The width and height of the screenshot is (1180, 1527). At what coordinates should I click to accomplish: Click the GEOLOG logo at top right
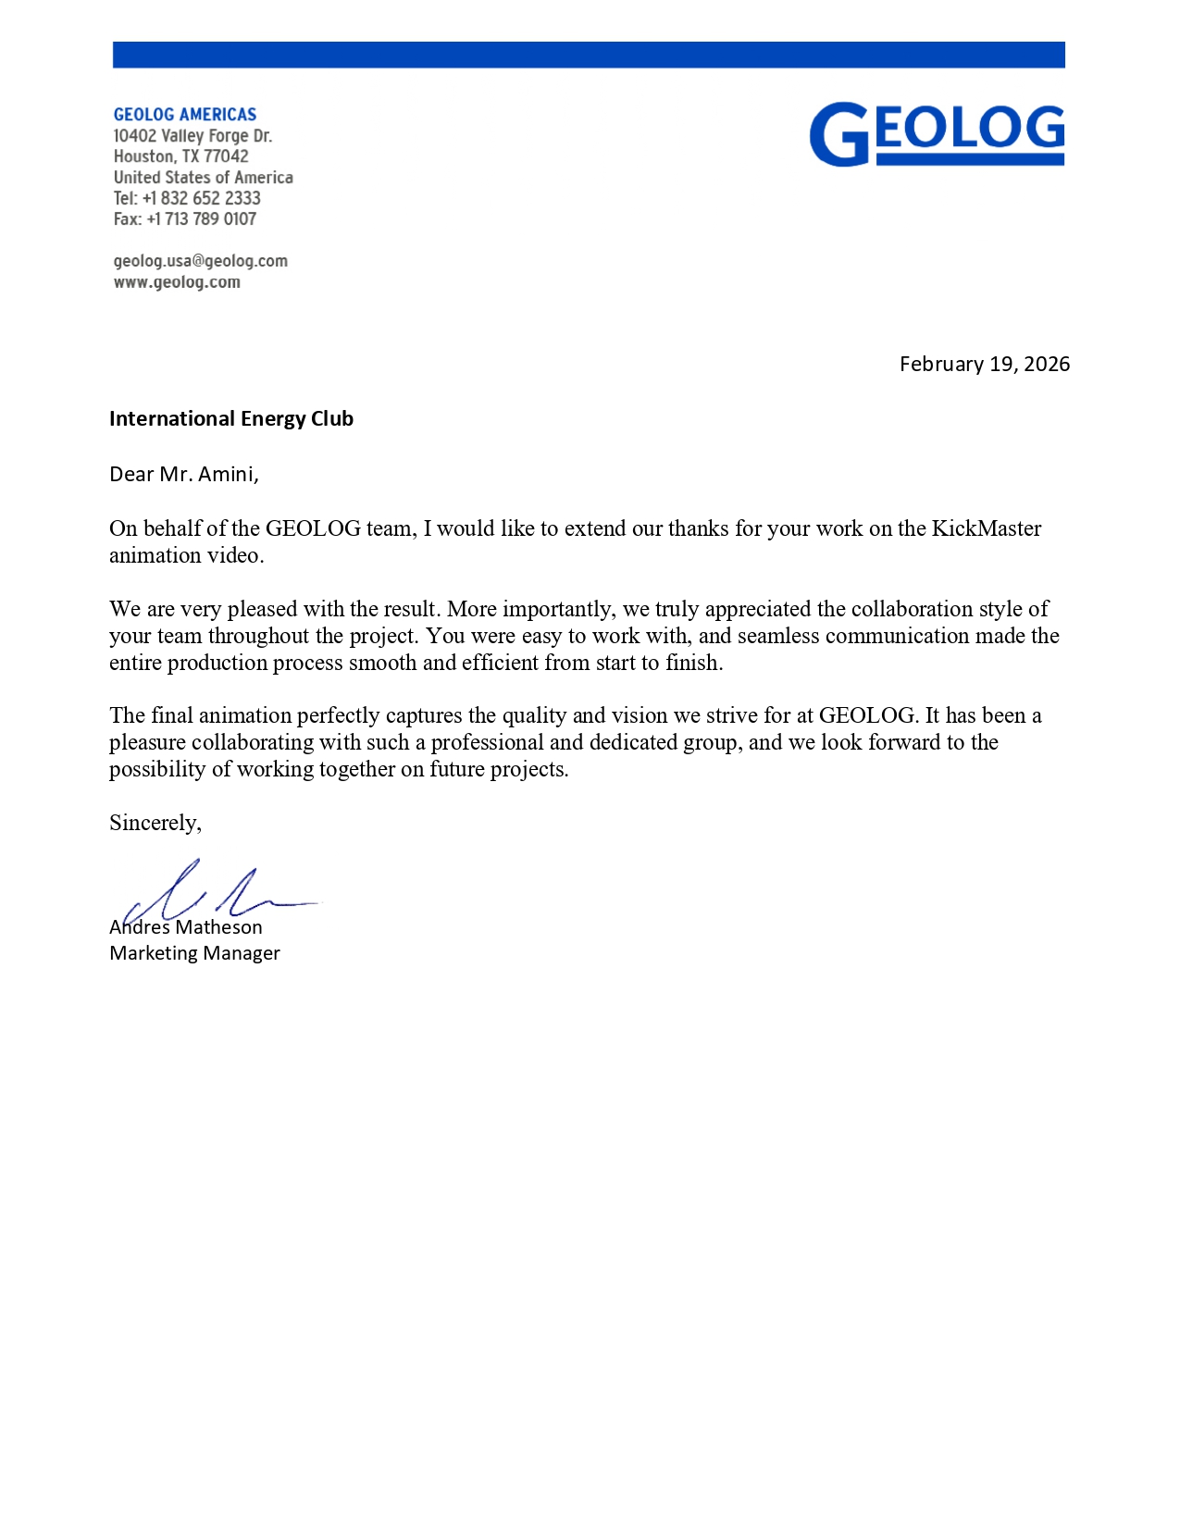click(937, 134)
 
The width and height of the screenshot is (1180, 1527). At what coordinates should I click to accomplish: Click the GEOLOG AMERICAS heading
click(185, 115)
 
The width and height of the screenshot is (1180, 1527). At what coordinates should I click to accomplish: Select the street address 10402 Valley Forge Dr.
click(193, 136)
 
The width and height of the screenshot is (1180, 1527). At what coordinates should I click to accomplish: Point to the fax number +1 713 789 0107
click(202, 219)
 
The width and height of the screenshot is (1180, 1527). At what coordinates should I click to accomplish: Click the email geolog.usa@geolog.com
click(200, 261)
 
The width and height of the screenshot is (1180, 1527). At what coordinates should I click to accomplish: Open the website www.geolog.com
click(177, 282)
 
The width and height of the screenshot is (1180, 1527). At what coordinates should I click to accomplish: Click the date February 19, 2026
click(984, 364)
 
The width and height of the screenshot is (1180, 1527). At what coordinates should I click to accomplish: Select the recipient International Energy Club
click(231, 418)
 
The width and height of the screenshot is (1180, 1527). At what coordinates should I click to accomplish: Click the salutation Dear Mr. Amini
click(183, 474)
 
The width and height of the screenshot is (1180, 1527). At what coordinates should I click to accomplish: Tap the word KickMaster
click(986, 528)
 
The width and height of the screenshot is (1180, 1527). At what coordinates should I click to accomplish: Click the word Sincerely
click(154, 823)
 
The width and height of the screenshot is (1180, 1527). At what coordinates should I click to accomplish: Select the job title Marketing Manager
click(194, 953)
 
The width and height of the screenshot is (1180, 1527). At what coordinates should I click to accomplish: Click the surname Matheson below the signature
click(218, 927)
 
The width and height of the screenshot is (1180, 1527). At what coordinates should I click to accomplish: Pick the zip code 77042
click(226, 156)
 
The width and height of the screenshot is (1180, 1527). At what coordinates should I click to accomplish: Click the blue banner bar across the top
click(589, 55)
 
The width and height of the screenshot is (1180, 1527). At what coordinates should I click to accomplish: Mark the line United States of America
click(204, 178)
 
